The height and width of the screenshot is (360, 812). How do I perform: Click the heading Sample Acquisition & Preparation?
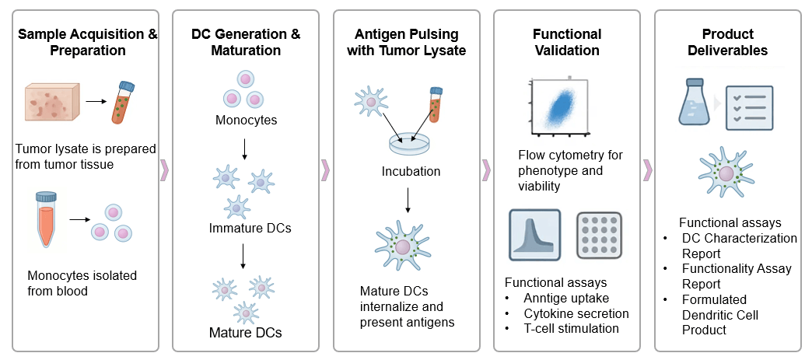coord(87,43)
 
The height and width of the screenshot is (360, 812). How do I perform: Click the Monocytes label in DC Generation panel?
coord(246,121)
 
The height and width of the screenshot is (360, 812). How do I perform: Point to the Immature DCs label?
coord(246,228)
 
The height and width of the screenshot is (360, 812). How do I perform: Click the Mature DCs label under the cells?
coord(246,333)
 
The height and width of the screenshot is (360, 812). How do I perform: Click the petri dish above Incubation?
coord(410,142)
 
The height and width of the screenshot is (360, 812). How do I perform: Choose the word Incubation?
coord(411,171)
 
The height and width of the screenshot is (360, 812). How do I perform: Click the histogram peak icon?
coord(534,233)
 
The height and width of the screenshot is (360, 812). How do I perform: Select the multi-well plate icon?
coord(599,234)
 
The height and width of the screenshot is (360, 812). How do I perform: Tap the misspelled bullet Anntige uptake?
coord(557,298)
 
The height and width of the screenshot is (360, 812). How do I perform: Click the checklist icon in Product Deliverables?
coord(749,109)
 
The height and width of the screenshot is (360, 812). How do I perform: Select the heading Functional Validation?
coord(566,43)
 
